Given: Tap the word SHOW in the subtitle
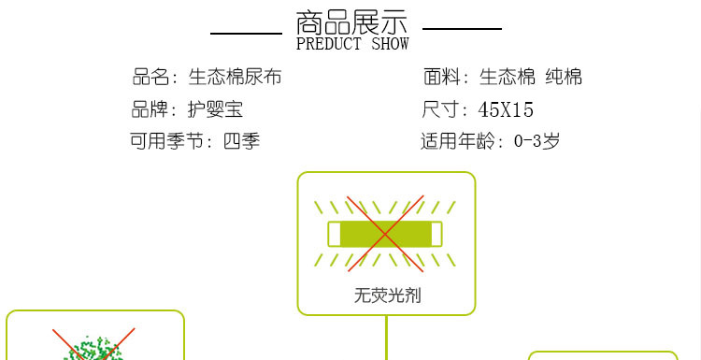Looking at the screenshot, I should point(390,44).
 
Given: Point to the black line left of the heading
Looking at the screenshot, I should point(246,33).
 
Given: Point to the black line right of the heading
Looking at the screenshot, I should point(462,29).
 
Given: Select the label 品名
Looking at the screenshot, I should point(151,78).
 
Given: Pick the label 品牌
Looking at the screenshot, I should point(150,109).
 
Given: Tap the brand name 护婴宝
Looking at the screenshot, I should point(215,109).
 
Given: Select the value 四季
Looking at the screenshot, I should point(241,142).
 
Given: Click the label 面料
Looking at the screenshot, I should point(442,78).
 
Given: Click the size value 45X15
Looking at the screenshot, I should point(506,110).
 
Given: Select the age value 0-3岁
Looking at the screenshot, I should point(536,142).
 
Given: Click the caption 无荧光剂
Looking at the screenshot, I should point(386,295).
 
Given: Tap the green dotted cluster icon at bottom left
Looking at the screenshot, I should point(93,348).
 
